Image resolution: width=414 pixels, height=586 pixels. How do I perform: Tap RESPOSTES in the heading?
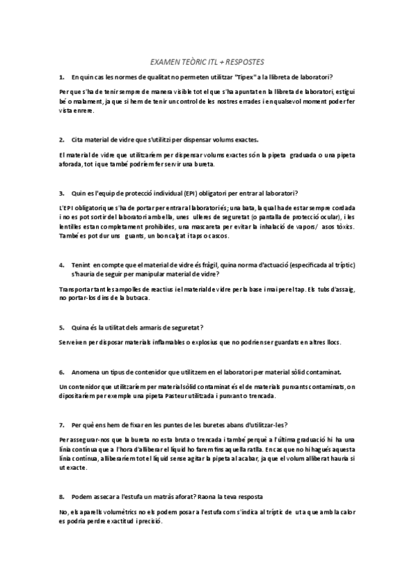pos(244,61)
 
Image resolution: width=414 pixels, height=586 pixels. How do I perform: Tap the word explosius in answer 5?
pos(202,342)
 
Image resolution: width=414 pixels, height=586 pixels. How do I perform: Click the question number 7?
pos(62,424)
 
